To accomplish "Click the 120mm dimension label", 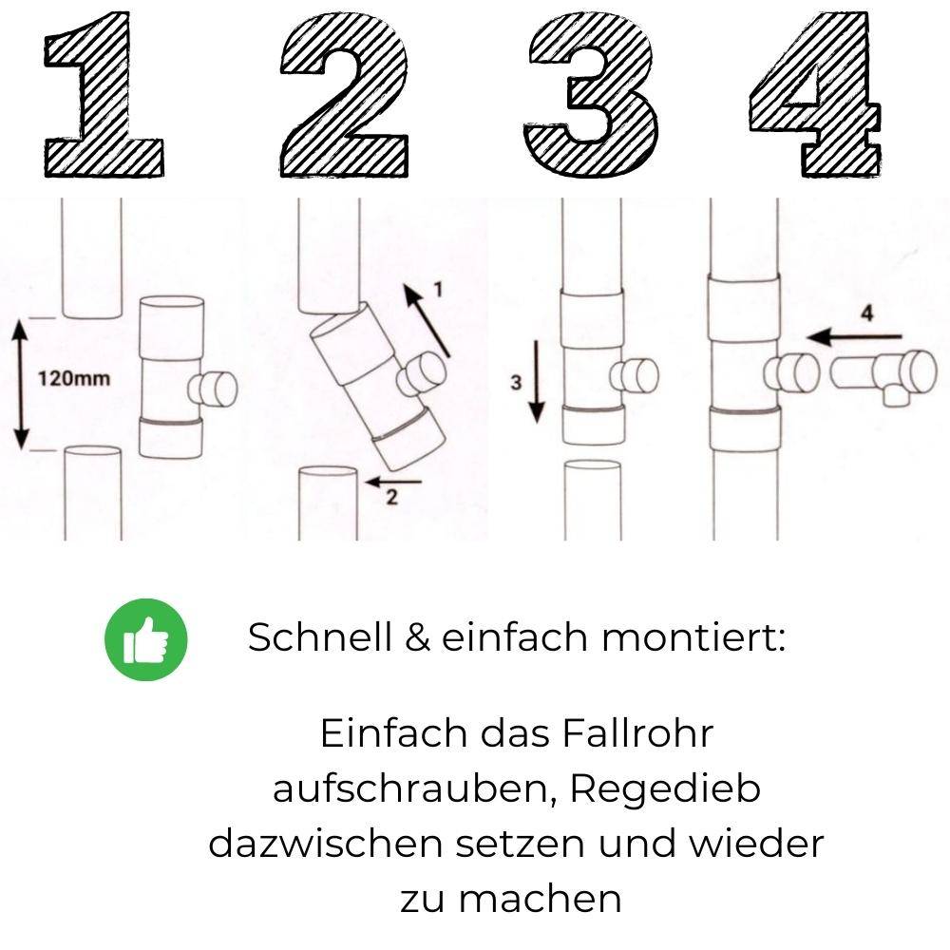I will (x=74, y=379).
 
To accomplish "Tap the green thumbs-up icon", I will (x=146, y=638).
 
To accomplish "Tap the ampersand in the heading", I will (x=416, y=637).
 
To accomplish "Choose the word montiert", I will (x=693, y=636).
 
